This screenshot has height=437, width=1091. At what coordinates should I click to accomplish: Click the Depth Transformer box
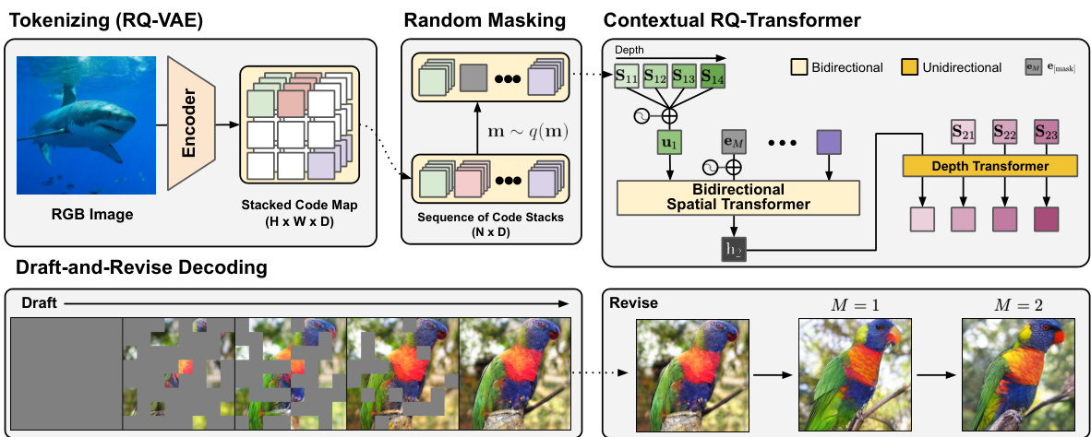coord(990,166)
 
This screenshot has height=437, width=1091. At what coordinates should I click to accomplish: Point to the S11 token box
coord(629,77)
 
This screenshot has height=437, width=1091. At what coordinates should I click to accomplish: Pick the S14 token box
coord(712,77)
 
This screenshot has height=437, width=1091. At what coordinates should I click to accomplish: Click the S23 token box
coord(1045,132)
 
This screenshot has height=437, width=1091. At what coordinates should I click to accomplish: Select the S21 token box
coord(964,132)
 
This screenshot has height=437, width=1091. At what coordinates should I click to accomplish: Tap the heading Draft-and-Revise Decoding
coord(137,268)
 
